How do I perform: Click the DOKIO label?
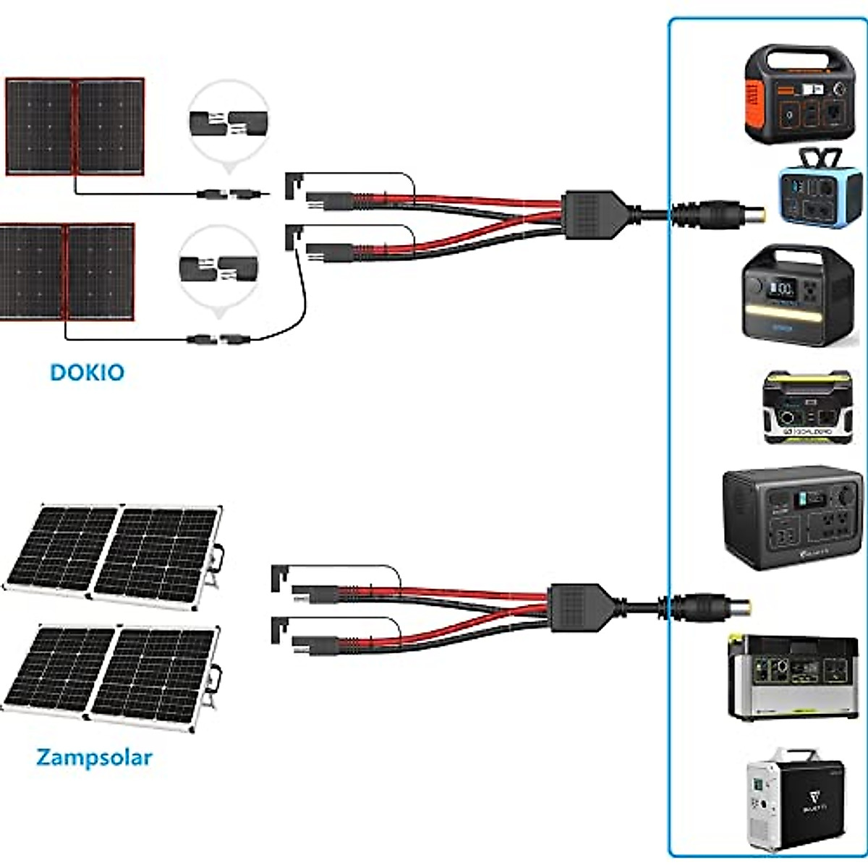point(87,373)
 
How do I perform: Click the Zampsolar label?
point(94,757)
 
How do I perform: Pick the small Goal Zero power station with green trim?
point(807,408)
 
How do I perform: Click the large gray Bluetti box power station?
point(793,517)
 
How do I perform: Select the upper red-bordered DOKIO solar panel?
point(75,127)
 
